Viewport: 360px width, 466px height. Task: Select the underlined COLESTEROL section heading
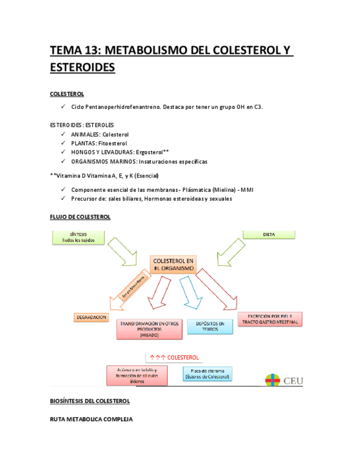click(x=67, y=94)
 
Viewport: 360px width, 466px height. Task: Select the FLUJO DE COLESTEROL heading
click(x=80, y=217)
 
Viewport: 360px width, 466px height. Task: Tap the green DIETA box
click(x=269, y=235)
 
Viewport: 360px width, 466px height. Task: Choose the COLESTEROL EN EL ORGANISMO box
click(x=174, y=264)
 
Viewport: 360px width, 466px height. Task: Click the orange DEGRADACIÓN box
click(x=91, y=318)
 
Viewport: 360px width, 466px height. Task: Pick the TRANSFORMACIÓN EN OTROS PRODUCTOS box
click(x=148, y=329)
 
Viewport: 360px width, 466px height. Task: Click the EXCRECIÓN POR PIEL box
click(x=270, y=319)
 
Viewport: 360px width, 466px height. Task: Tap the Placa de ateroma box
click(x=207, y=374)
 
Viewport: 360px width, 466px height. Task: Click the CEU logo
click(x=285, y=380)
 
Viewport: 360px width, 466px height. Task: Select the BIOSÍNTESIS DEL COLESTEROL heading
click(x=90, y=402)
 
